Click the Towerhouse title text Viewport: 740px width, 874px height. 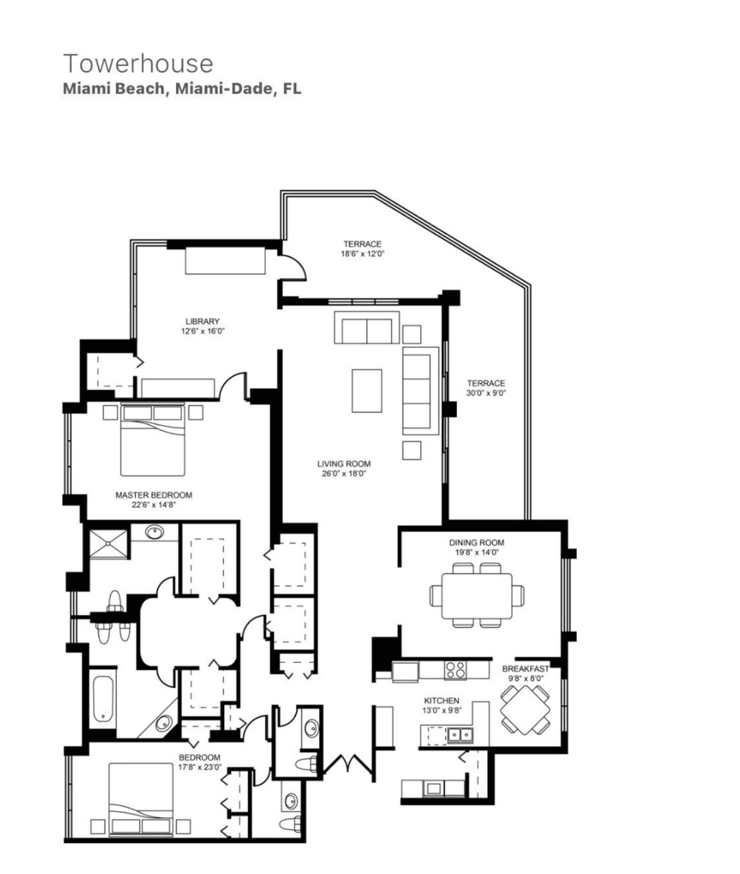point(138,64)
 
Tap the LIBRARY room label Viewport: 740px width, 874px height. point(202,321)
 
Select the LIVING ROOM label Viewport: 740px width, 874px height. point(344,464)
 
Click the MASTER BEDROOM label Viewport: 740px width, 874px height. point(153,495)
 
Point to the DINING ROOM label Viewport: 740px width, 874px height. point(477,543)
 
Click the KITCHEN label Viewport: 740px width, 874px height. point(441,701)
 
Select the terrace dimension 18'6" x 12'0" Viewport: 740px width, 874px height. point(362,254)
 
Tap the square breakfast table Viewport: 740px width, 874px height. point(525,708)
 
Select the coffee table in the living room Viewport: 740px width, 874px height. point(367,391)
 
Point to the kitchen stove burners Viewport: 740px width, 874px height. point(455,670)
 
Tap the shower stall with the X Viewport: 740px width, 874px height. point(109,543)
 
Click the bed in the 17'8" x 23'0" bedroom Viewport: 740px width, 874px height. point(140,800)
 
